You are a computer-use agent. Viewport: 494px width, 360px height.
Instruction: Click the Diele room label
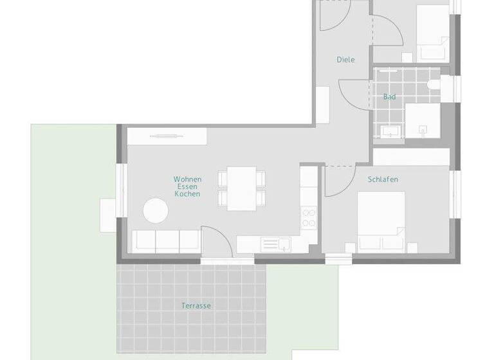345,60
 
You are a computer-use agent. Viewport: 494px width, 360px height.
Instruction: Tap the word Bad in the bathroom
389,97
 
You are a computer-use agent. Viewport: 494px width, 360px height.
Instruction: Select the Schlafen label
383,179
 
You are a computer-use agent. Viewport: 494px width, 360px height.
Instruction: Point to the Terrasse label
196,306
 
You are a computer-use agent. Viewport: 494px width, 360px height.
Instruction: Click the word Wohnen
187,179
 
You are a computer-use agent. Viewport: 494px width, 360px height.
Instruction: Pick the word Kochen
187,194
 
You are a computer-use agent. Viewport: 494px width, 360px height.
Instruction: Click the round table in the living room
156,210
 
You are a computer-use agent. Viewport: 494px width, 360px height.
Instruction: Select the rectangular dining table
242,188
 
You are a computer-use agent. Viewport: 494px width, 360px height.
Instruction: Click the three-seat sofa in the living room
165,240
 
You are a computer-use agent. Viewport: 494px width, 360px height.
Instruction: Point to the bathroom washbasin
390,131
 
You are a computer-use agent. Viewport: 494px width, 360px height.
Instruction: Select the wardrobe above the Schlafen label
412,156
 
